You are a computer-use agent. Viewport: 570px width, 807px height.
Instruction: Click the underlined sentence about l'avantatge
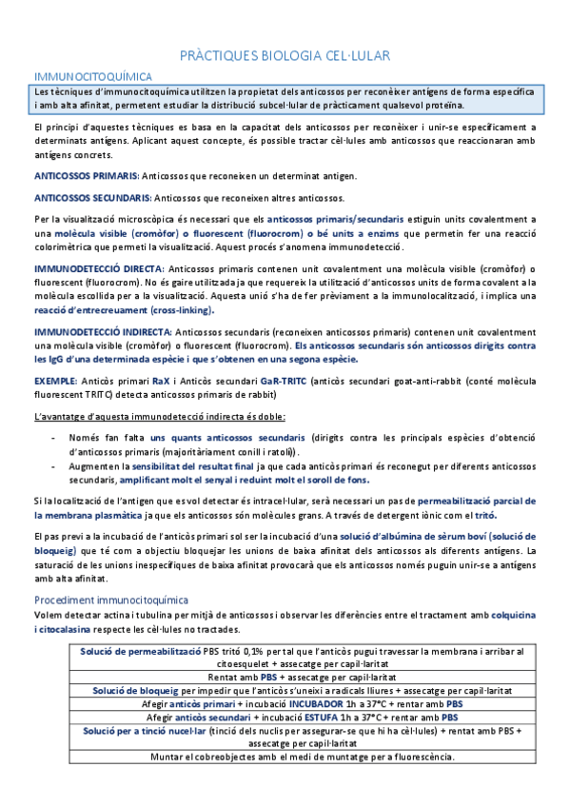[x=152, y=417]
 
